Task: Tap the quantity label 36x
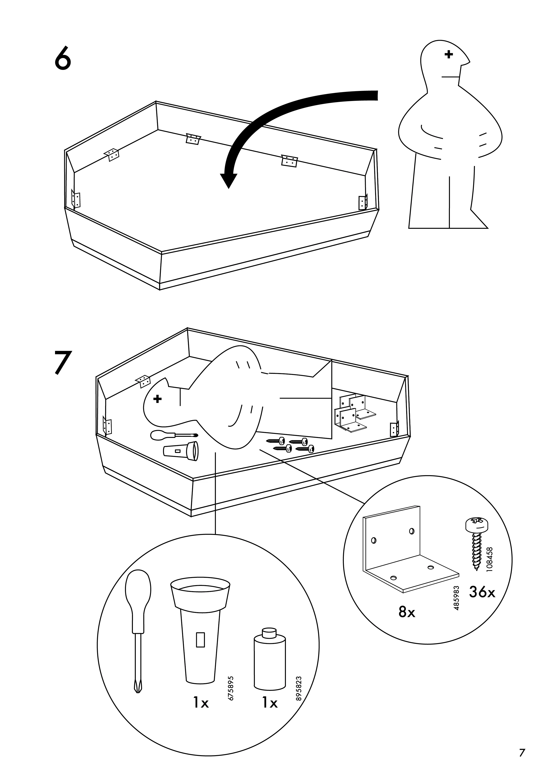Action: click(x=482, y=592)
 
